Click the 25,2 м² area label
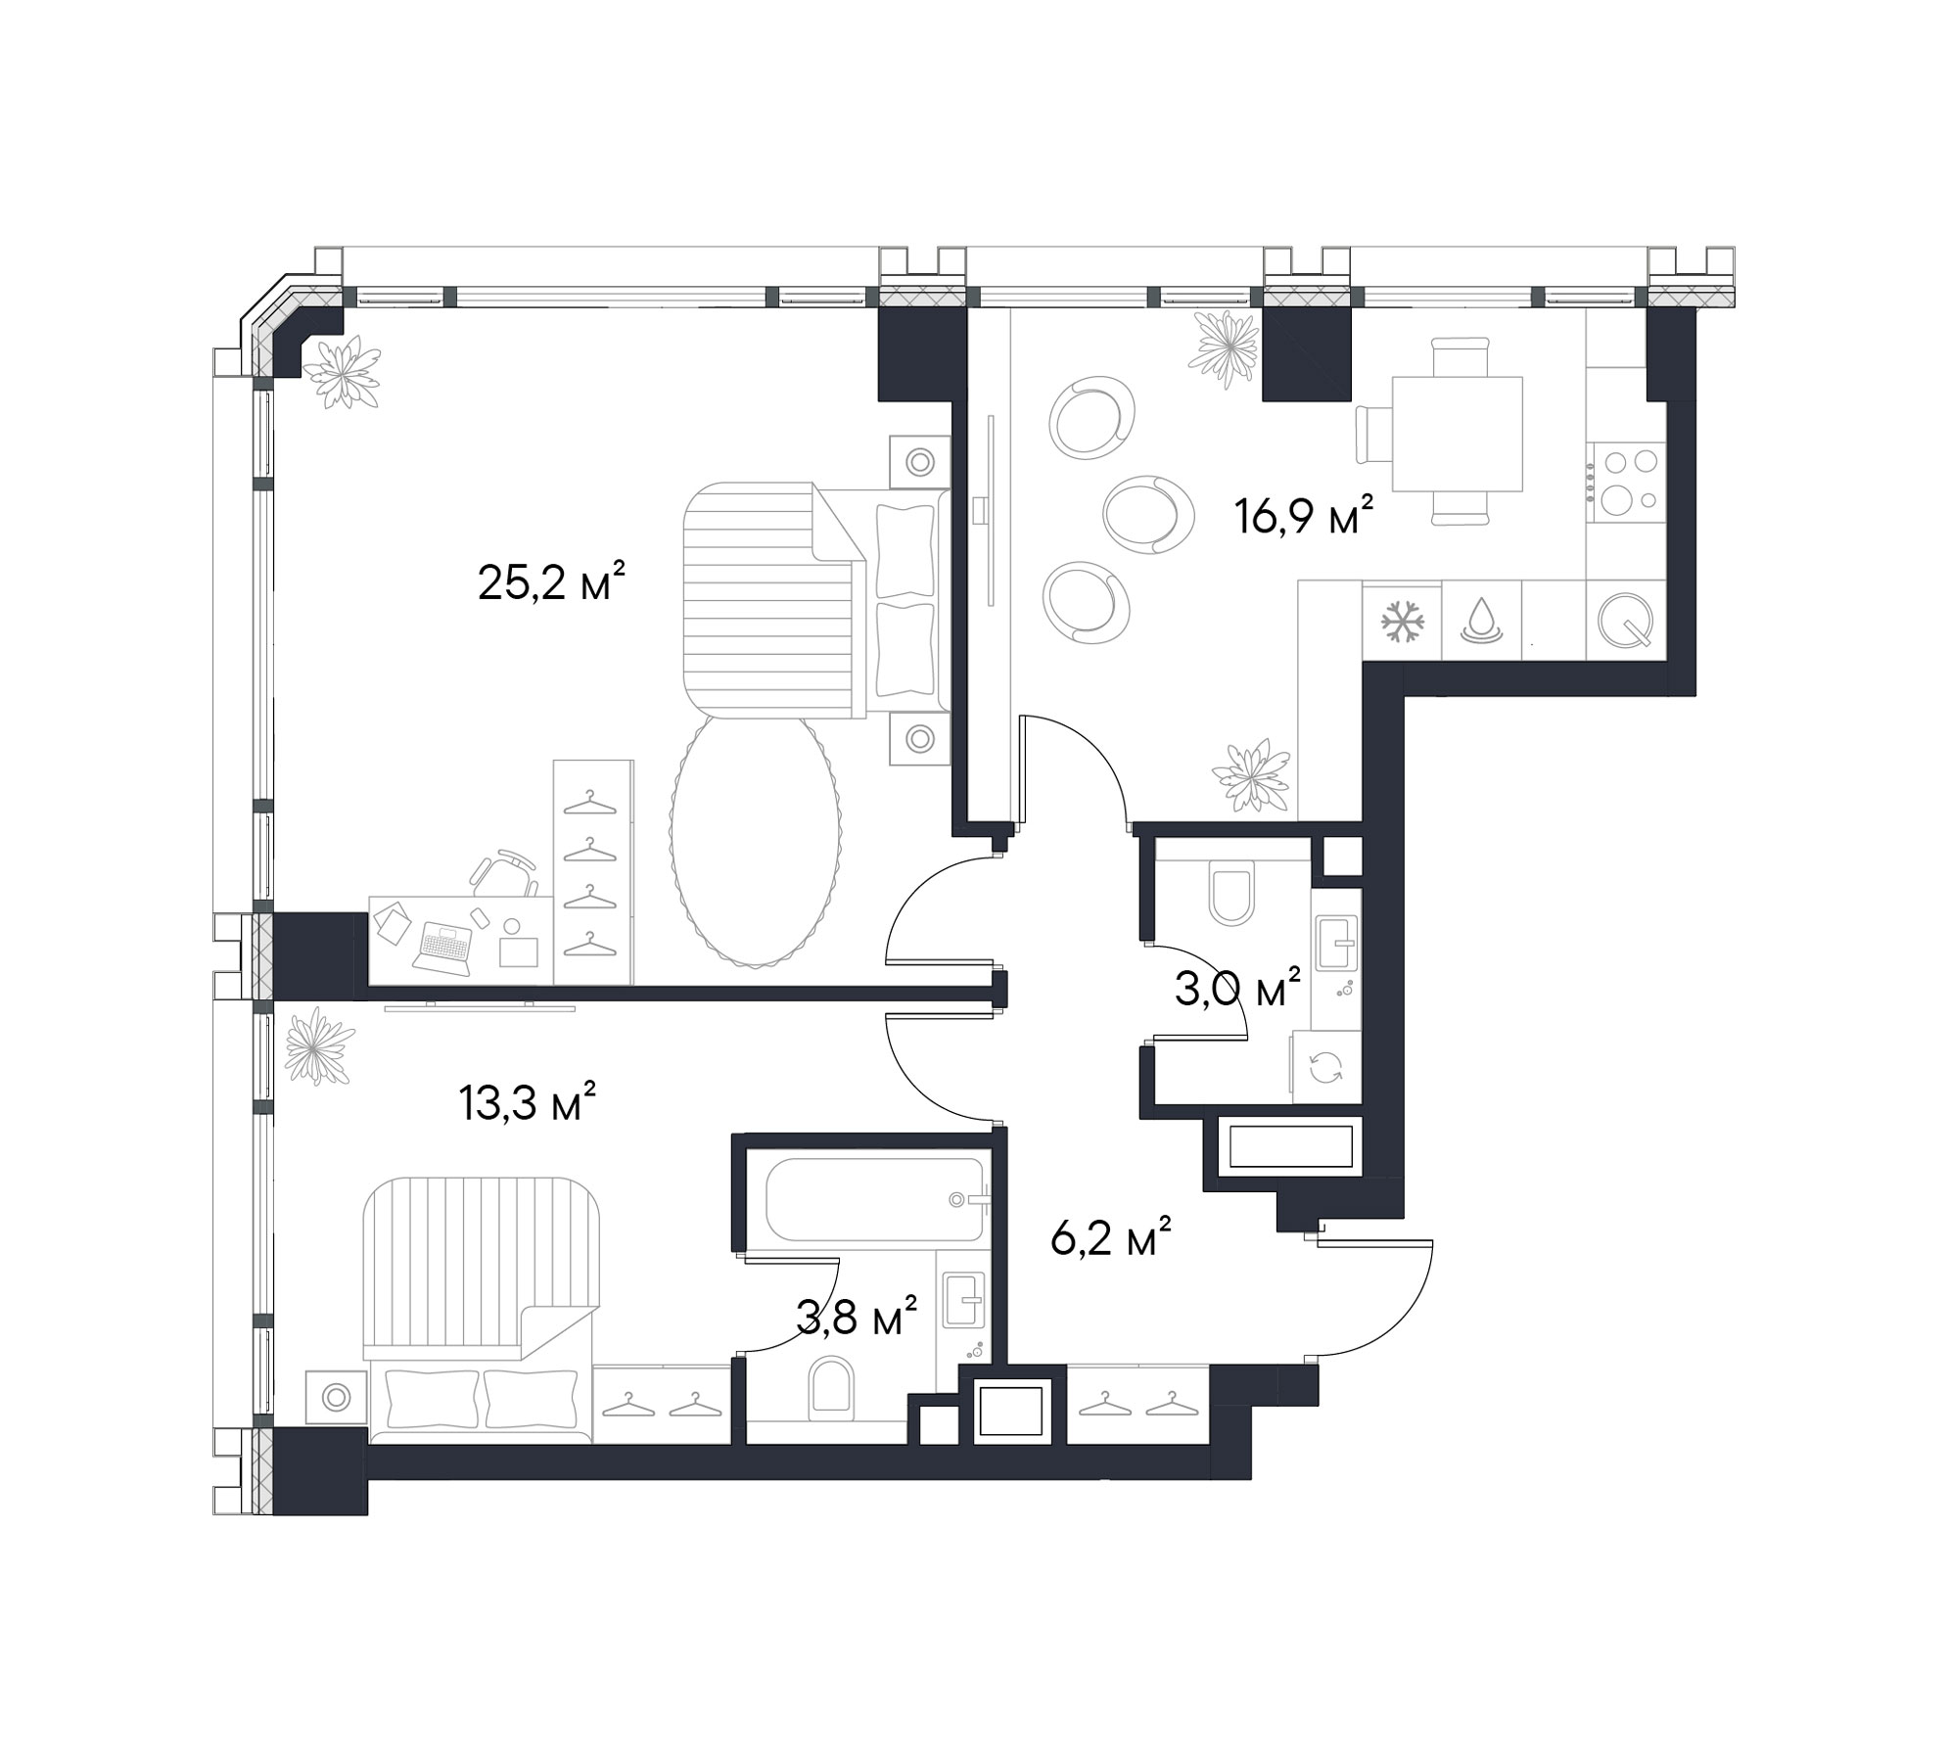tap(551, 583)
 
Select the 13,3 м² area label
tap(528, 1102)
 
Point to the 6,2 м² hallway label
tap(1111, 1238)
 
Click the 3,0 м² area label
tap(1237, 990)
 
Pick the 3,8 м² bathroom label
tap(857, 1318)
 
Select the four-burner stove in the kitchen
tap(1626, 481)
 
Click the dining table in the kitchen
tap(1458, 434)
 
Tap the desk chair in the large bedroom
tap(504, 872)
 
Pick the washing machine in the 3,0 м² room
tap(1325, 1067)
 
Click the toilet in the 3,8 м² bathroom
tap(832, 1385)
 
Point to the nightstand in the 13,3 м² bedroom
tap(337, 1397)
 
